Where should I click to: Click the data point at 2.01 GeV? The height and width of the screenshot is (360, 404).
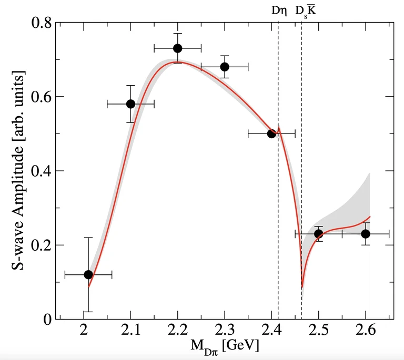pos(88,275)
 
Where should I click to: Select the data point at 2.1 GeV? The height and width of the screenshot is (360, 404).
pos(130,104)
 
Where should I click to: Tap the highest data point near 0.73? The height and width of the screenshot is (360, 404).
pos(178,48)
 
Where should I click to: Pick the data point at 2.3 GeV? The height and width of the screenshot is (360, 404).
pos(225,67)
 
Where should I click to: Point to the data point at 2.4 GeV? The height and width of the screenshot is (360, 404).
pos(271,134)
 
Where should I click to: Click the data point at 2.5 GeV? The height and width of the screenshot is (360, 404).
pos(318,234)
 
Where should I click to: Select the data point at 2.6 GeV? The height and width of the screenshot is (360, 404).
pos(366,234)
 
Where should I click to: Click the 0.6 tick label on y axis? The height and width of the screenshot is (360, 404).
pos(43,97)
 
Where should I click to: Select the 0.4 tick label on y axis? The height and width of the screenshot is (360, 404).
pos(43,171)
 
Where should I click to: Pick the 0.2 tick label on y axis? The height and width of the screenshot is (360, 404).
pos(43,245)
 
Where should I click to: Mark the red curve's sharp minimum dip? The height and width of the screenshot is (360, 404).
pos(302,287)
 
